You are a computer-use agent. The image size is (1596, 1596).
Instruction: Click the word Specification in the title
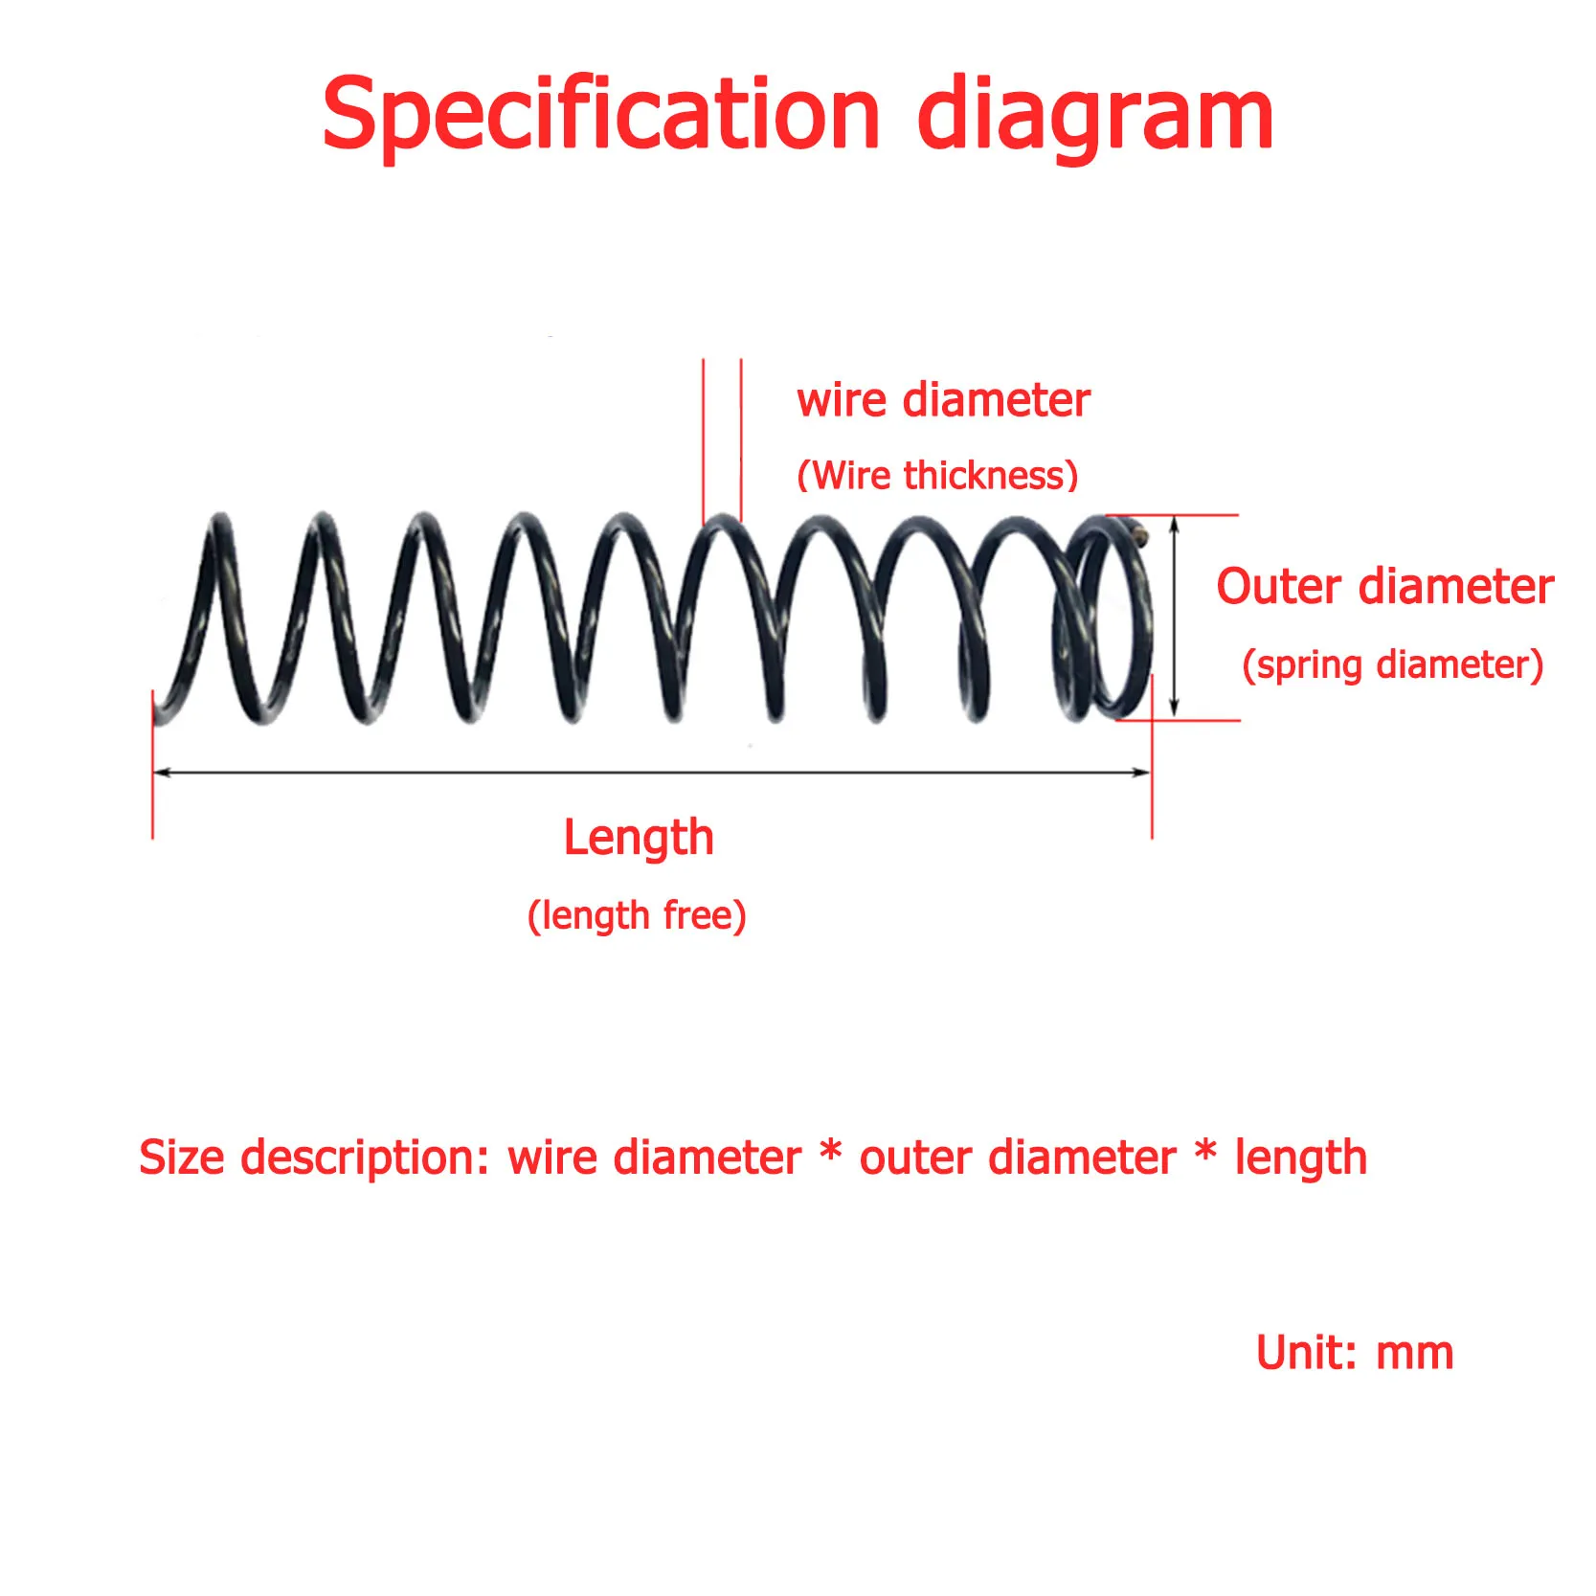[x=599, y=116]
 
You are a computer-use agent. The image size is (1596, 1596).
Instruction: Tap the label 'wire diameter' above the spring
[x=943, y=400]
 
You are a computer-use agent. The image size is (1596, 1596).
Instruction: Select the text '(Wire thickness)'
[x=937, y=476]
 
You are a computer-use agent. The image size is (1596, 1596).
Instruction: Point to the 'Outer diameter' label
[x=1383, y=586]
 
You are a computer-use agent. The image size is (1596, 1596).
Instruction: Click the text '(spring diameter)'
[x=1392, y=664]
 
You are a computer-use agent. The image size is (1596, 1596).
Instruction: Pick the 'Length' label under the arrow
[x=639, y=838]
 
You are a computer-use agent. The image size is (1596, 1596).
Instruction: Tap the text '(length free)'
[x=637, y=916]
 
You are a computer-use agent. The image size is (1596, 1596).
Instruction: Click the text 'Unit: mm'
[x=1354, y=1353]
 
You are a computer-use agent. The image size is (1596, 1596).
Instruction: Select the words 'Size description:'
[x=314, y=1158]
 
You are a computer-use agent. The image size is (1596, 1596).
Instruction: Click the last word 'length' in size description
[x=1300, y=1158]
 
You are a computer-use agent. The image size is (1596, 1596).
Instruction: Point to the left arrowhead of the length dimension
[x=161, y=772]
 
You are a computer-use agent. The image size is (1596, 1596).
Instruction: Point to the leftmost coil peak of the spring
[x=221, y=523]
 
